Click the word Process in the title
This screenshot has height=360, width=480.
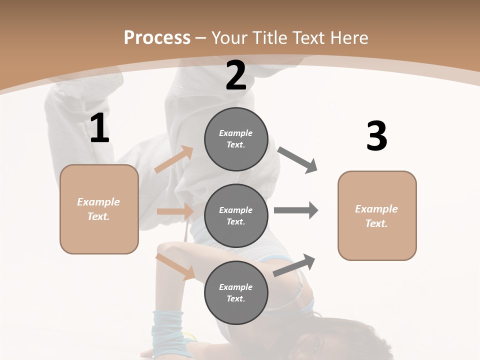click(x=157, y=38)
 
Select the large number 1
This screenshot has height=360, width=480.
click(x=99, y=128)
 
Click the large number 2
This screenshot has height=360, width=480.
click(x=236, y=75)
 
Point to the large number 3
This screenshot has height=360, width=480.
click(x=376, y=136)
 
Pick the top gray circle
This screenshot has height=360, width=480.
click(x=236, y=139)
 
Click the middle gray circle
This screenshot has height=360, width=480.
click(x=236, y=215)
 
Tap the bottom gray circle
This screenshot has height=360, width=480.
click(x=236, y=292)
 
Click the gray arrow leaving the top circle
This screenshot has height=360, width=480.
click(x=297, y=160)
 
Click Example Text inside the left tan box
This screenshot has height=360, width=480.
click(x=98, y=209)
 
